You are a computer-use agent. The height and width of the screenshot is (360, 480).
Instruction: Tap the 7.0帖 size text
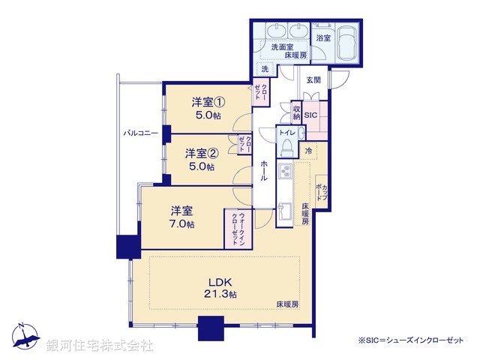[x=182, y=224]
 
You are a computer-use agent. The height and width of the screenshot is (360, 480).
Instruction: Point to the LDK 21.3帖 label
[x=221, y=288]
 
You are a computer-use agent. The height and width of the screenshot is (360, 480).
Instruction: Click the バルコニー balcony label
[x=140, y=133]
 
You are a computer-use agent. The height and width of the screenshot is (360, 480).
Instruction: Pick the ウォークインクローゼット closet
[x=235, y=228]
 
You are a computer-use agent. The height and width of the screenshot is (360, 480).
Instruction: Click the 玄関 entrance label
[x=313, y=79]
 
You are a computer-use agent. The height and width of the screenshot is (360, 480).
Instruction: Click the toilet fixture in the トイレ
[x=299, y=133]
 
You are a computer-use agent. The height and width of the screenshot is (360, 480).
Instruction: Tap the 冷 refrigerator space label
[x=309, y=151]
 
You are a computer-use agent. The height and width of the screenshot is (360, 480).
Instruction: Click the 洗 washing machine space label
[x=265, y=70]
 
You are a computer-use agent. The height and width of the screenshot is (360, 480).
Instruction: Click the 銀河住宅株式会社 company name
[x=100, y=346]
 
